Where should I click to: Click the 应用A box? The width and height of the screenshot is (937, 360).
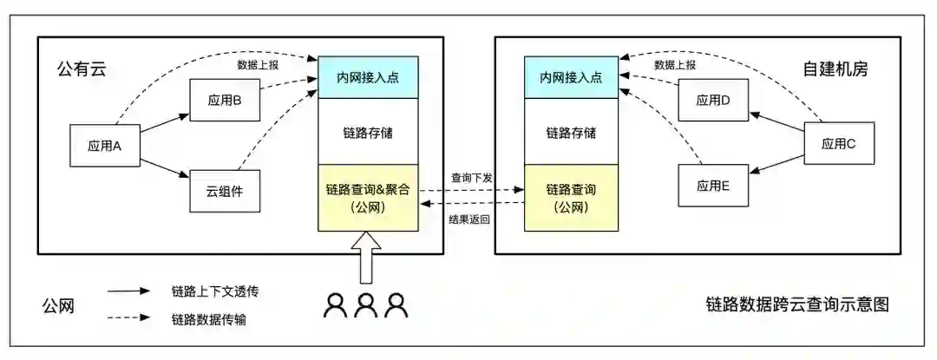tap(105, 145)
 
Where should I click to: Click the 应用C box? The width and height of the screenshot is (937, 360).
tap(839, 144)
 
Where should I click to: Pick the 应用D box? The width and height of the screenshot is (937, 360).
tap(713, 101)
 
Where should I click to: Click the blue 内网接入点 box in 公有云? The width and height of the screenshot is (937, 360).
tap(369, 77)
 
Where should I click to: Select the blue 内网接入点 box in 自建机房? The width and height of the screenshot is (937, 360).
tap(571, 77)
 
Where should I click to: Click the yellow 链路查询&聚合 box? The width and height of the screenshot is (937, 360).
tap(369, 198)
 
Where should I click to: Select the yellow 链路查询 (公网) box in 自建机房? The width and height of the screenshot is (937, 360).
tap(571, 198)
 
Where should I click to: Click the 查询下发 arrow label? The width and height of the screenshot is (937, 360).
tap(472, 177)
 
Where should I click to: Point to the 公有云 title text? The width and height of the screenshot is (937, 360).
tap(81, 69)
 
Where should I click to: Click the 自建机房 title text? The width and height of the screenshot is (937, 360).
tap(834, 69)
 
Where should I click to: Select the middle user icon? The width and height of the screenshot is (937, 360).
tap(366, 304)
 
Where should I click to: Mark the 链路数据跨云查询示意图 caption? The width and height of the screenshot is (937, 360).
tap(796, 304)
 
